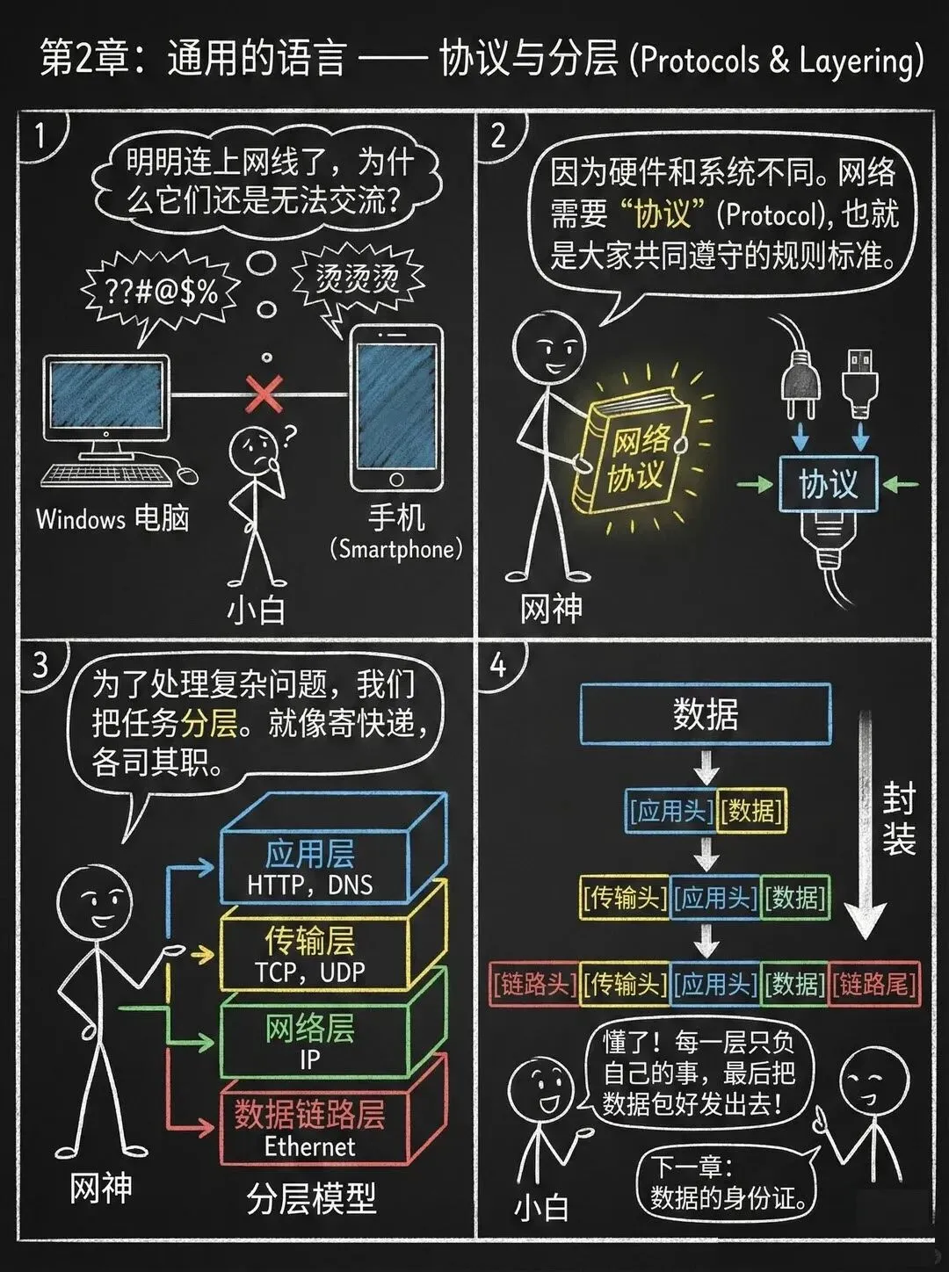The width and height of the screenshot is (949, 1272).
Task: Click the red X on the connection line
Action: (x=264, y=394)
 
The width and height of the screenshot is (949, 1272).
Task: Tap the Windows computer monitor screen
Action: (x=106, y=397)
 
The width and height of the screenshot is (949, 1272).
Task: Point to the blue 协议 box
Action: (x=827, y=484)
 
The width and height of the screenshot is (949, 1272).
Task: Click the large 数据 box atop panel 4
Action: (x=706, y=714)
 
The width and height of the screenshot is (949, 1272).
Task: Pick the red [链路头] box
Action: (x=533, y=984)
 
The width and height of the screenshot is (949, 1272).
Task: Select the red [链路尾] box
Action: (x=873, y=984)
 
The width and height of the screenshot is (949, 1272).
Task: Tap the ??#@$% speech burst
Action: (x=161, y=293)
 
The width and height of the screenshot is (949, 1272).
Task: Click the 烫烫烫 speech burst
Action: (x=357, y=280)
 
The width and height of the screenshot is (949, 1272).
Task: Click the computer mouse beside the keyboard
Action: (x=188, y=474)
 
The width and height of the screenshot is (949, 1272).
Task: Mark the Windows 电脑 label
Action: (x=112, y=518)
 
